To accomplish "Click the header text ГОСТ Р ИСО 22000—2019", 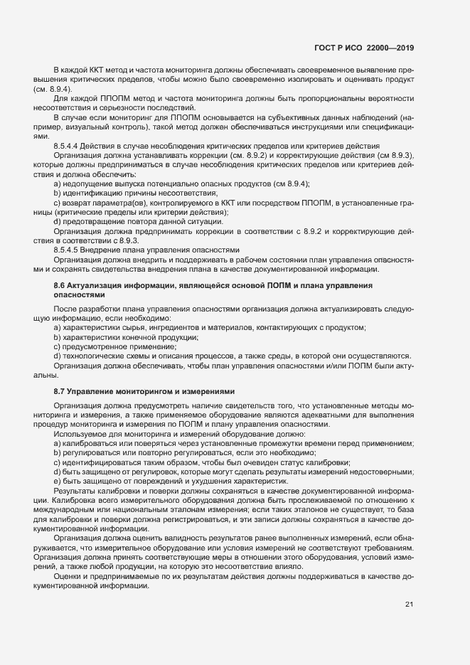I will tap(363, 48).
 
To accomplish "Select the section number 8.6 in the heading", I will tap(60, 285).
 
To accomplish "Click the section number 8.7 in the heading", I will tap(60, 391).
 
